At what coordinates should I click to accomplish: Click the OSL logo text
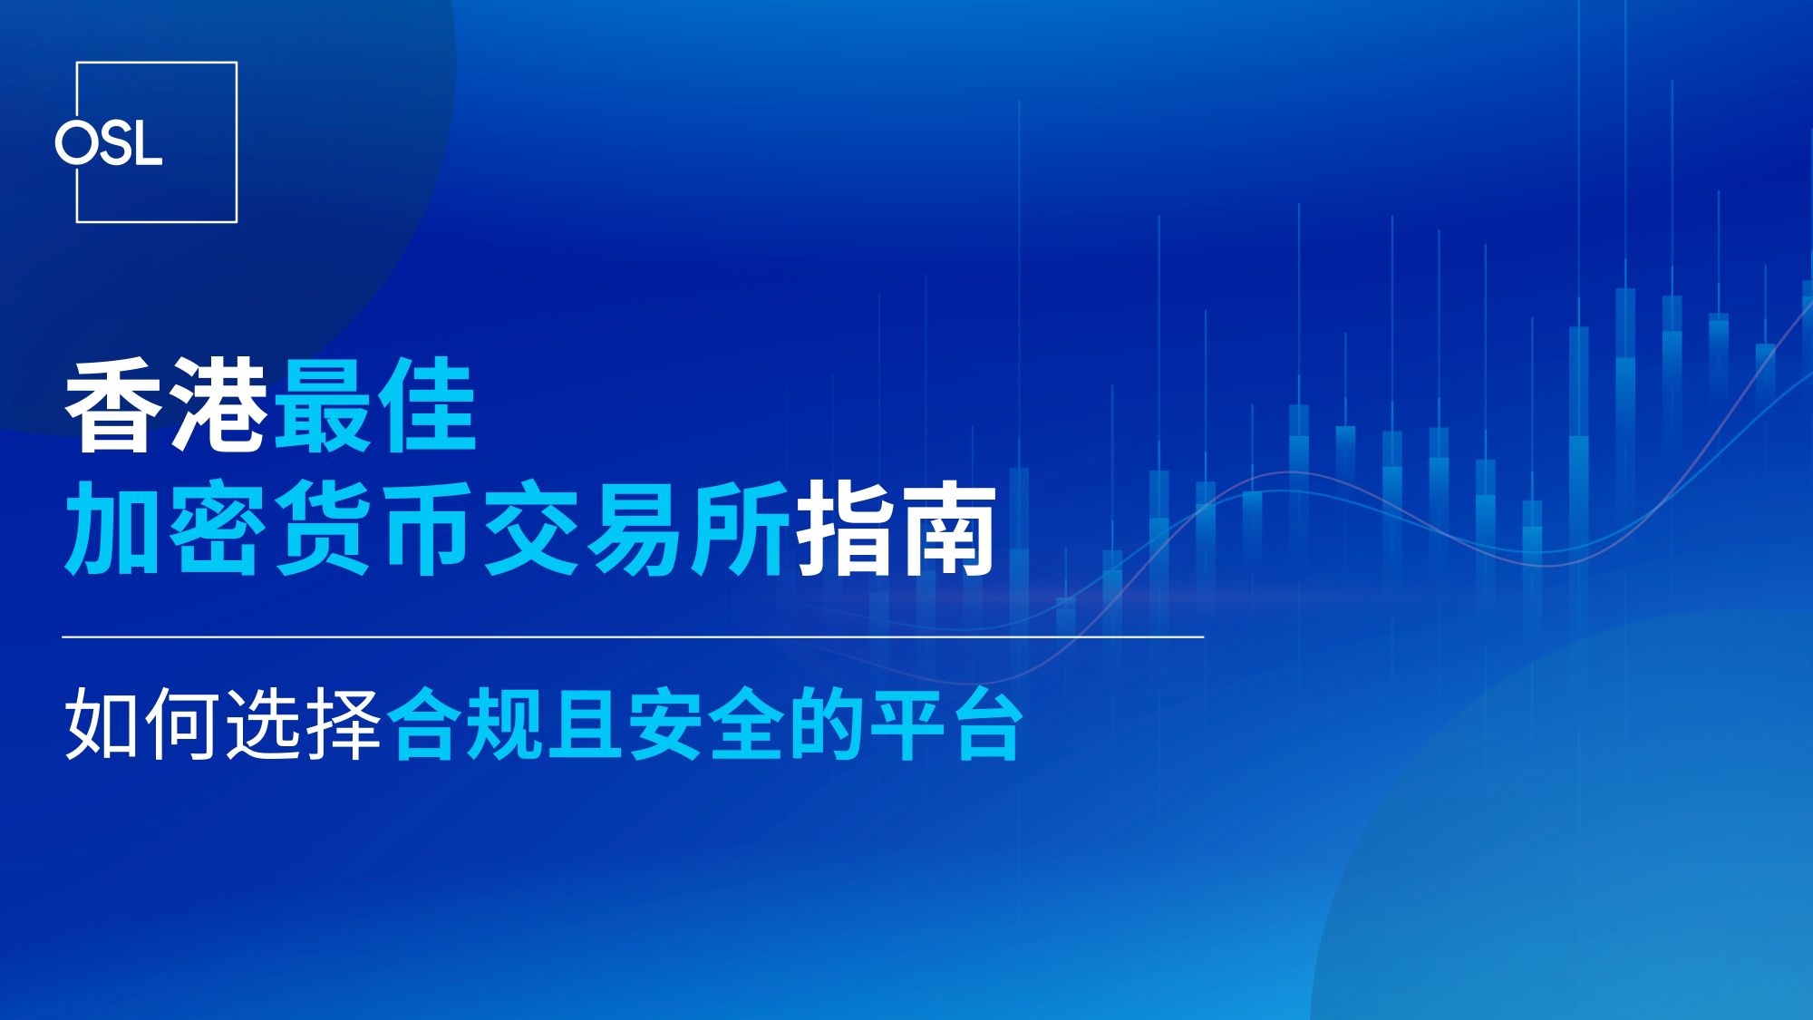tap(109, 143)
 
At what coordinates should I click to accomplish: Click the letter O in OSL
tap(75, 143)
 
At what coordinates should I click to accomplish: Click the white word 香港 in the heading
tap(167, 405)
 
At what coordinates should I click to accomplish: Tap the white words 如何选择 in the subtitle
tap(223, 725)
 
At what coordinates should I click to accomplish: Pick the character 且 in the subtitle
tap(586, 725)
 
